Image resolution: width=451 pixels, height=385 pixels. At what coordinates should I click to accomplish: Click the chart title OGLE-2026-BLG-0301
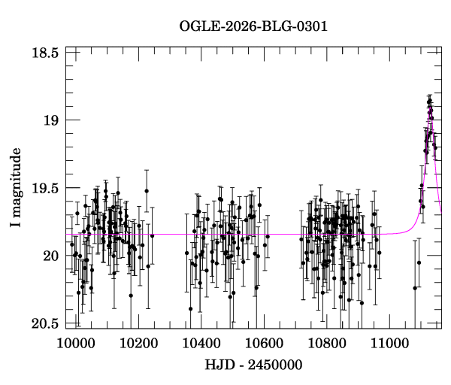253,26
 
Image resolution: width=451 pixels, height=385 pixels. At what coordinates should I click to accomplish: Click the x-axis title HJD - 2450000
253,365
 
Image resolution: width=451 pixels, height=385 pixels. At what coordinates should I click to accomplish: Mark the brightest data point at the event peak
430,100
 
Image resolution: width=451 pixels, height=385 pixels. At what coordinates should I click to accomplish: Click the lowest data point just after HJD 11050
414,288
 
